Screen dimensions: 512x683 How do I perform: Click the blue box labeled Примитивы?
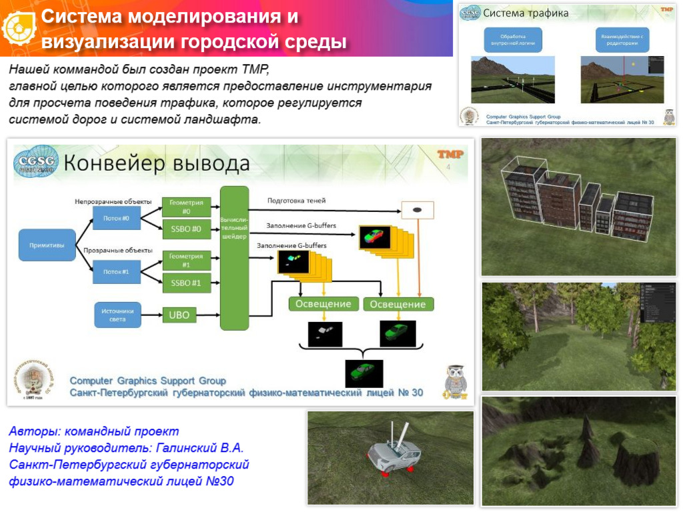[x=47, y=245]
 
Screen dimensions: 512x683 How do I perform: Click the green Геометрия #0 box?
[x=186, y=207]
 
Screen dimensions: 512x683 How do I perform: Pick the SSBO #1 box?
[x=186, y=283]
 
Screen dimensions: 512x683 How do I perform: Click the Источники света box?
[x=117, y=315]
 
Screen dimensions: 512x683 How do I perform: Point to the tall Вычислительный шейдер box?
[x=234, y=258]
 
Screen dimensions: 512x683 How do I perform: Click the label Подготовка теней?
[x=296, y=200]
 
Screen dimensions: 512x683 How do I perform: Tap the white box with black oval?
[x=417, y=210]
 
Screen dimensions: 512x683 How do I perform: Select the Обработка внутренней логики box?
[x=513, y=39]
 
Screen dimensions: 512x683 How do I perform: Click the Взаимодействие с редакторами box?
[x=624, y=39]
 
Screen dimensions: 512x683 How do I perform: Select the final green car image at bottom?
[x=364, y=373]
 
